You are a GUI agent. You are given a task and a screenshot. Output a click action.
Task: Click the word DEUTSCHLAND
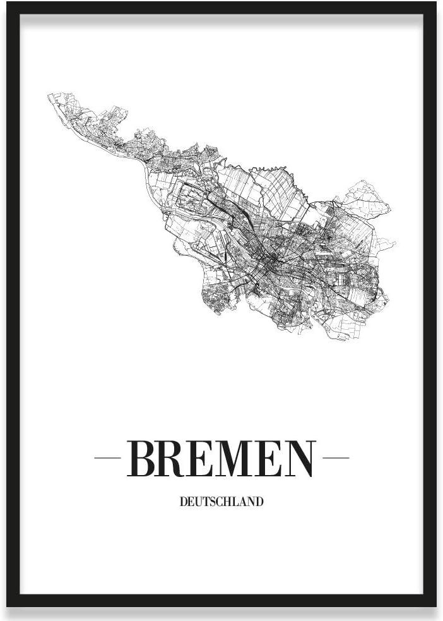(x=222, y=503)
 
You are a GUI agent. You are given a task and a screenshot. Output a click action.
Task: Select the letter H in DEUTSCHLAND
(x=228, y=503)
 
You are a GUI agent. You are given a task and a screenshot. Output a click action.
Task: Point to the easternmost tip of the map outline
(x=395, y=242)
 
